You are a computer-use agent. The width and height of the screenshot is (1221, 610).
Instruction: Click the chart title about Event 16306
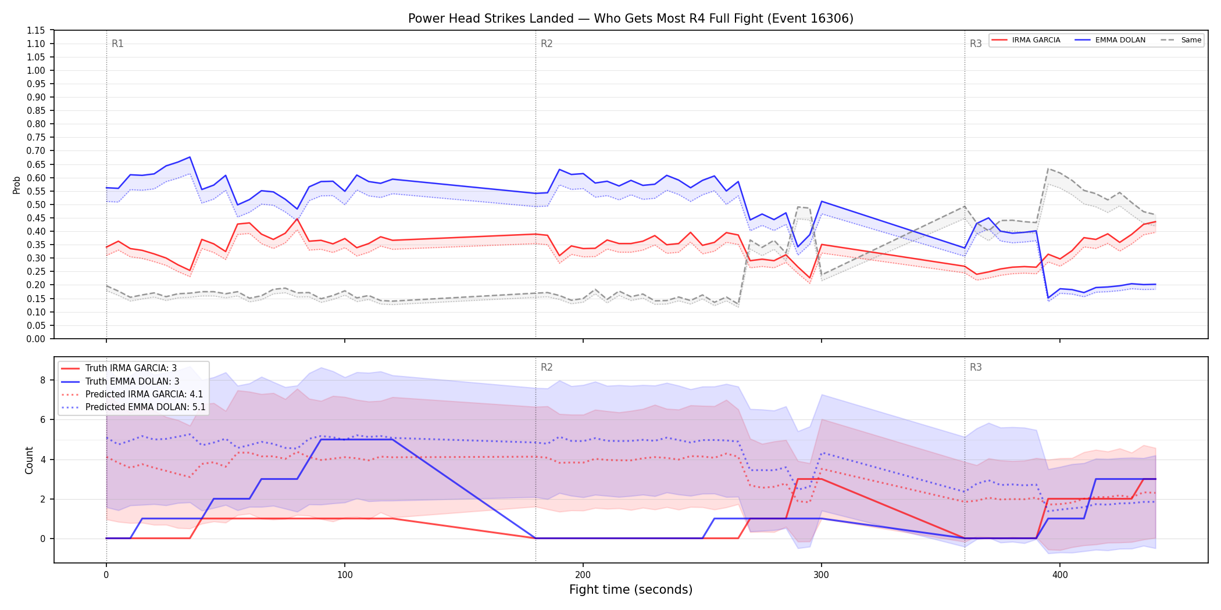click(631, 19)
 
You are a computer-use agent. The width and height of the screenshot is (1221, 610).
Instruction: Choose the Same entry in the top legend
click(1181, 40)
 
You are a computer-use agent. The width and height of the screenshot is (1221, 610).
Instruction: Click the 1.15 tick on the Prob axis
click(36, 30)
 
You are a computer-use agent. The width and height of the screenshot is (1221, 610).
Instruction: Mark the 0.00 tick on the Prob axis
click(36, 339)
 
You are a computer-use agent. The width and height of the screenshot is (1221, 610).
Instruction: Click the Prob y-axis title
click(17, 185)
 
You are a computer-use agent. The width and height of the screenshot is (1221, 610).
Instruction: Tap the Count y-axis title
click(29, 460)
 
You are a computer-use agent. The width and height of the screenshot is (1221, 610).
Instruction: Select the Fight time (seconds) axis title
click(631, 590)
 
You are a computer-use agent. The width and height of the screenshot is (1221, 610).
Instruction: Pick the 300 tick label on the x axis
click(821, 575)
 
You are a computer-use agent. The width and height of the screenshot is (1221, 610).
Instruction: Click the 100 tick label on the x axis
click(345, 575)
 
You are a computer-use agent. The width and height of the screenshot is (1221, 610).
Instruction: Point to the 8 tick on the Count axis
click(42, 381)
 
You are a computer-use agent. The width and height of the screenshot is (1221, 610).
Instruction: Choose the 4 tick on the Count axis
click(42, 460)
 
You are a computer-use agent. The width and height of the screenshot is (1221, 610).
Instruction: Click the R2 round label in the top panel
click(547, 44)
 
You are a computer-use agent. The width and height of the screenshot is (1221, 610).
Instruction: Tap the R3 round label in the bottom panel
click(976, 367)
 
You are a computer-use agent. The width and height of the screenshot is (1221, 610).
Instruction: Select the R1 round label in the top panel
click(117, 44)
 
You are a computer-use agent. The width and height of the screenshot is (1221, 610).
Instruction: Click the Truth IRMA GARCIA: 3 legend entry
click(119, 368)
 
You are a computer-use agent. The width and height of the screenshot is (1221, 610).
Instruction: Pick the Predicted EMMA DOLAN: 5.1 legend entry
click(133, 407)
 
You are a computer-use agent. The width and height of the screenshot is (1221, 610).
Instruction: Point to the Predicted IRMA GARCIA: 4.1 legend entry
click(132, 394)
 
